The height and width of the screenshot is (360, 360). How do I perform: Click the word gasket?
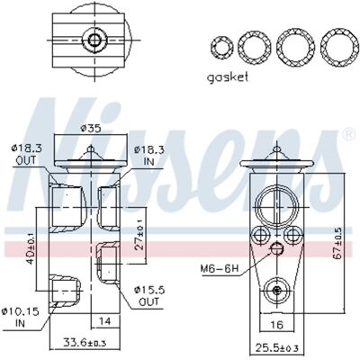pos(228,77)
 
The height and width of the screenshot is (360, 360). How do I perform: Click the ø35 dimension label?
pos(91,129)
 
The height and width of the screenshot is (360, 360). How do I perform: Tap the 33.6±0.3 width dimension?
pos(85,342)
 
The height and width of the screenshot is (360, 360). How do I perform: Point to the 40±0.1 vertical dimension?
pos(30,248)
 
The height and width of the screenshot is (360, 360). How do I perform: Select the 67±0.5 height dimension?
pos(337,244)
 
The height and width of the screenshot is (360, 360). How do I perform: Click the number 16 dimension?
pos(276,325)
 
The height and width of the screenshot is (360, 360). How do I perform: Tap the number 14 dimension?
pos(104,321)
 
